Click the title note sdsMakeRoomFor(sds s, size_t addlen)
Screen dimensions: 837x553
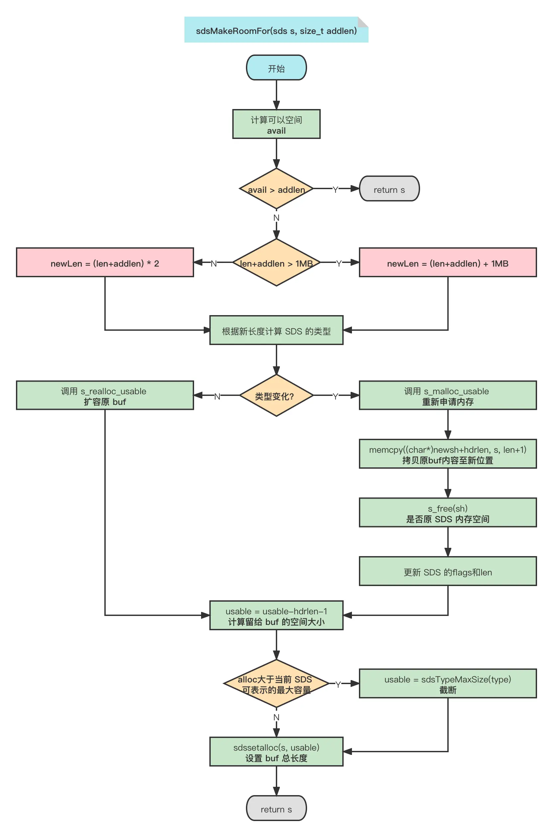[x=276, y=30]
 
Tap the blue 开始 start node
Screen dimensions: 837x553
[x=276, y=68]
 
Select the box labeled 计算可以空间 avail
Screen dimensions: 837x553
[x=276, y=124]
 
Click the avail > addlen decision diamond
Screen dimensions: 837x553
[x=276, y=189]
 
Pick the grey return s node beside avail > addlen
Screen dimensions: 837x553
[x=389, y=189]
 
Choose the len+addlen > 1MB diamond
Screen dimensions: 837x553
[x=276, y=263]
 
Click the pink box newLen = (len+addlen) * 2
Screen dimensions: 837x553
[x=105, y=263]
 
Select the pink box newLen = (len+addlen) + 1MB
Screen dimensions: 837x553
[x=448, y=263]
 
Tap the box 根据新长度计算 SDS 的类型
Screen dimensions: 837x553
[x=276, y=330]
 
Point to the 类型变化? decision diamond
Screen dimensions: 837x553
[x=276, y=396]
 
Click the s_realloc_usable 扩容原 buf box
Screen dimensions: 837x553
[x=105, y=396]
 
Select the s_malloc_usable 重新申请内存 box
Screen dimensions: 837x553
[x=448, y=396]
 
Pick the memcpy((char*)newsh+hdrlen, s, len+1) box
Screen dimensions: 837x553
[x=448, y=454]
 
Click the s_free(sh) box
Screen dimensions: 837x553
[x=448, y=513]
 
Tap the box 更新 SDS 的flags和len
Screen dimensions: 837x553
[x=448, y=572]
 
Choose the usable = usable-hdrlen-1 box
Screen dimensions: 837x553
[x=276, y=616]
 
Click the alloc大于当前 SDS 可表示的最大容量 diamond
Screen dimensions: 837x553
[x=276, y=684]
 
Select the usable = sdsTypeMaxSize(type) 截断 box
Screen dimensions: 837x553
[x=448, y=684]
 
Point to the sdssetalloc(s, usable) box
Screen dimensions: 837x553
[x=276, y=752]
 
